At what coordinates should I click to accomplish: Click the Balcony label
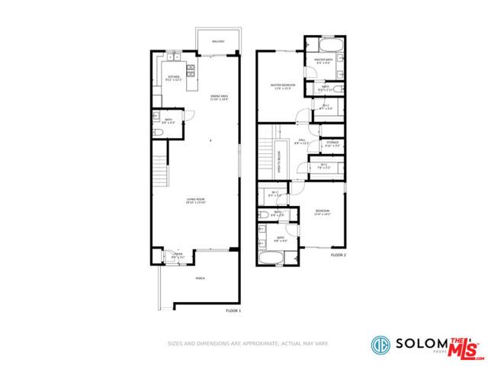click(x=218, y=40)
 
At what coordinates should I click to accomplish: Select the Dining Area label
click(x=220, y=97)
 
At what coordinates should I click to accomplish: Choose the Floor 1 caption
click(x=233, y=311)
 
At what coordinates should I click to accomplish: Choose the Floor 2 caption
click(x=338, y=255)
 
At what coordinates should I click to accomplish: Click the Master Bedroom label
click(x=283, y=86)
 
